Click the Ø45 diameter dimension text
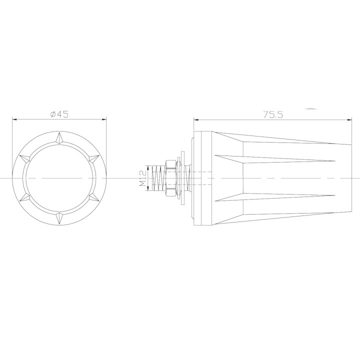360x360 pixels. (x=59, y=114)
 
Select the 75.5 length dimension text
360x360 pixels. (x=273, y=114)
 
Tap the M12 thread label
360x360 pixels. (x=142, y=178)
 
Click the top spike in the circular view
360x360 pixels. (x=59, y=136)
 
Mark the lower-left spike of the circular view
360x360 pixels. (x=24, y=197)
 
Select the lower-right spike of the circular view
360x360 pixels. (x=94, y=197)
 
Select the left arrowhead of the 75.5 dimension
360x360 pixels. (x=196, y=119)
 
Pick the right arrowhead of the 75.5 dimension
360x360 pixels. (x=348, y=119)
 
